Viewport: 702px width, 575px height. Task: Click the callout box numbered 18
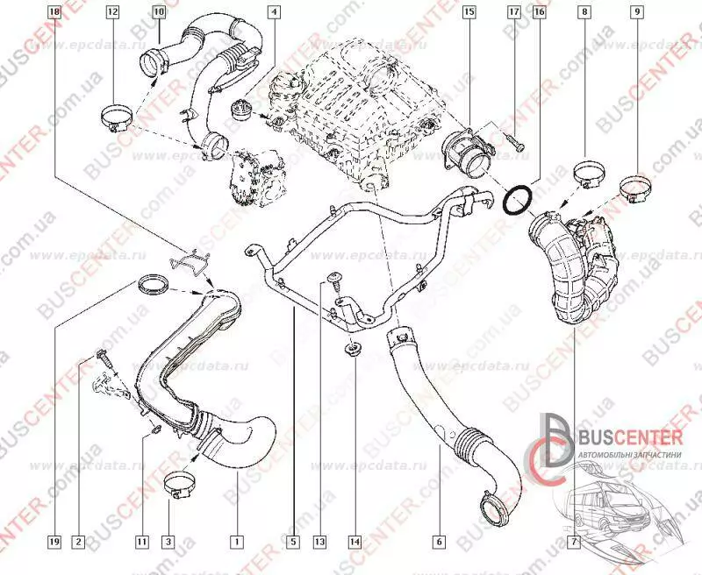pos(54,12)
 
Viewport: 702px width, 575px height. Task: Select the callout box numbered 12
pos(112,12)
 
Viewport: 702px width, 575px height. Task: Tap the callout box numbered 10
pos(158,12)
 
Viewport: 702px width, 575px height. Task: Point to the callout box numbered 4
pos(274,12)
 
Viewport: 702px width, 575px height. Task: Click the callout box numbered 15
pos(469,12)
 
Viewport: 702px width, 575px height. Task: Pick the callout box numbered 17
pos(514,12)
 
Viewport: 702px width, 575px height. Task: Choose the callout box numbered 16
pos(539,12)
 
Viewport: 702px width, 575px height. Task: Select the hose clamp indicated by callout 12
pos(116,117)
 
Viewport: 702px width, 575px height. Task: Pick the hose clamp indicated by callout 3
pos(180,486)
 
